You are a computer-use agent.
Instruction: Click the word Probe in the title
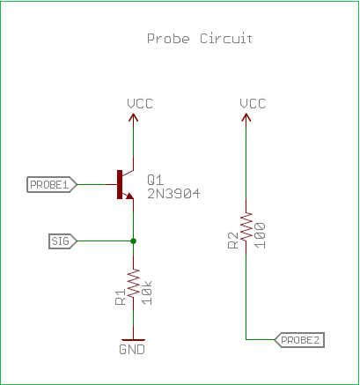pos(168,39)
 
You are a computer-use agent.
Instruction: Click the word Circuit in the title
pos(226,38)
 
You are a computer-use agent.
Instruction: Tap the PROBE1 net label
pos(52,185)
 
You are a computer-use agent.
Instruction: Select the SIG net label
pos(62,241)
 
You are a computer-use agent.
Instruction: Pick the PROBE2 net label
pos(299,340)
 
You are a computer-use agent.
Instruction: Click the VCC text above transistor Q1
pos(140,104)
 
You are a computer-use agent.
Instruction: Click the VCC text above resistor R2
pos(253,104)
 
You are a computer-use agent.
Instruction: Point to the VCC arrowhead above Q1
pos(133,118)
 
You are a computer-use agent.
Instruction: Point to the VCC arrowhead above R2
pos(246,118)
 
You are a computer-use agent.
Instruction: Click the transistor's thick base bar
pos(120,184)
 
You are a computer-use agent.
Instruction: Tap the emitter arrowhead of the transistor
pos(129,196)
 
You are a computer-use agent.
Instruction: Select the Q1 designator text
pos(155,180)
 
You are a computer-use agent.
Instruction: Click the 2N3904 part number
pos(173,194)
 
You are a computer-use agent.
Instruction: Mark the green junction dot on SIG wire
pos(133,241)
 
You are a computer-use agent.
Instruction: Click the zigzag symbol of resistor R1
pos(133,283)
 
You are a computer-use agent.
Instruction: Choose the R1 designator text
pos(121,297)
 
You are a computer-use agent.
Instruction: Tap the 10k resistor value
pos(147,292)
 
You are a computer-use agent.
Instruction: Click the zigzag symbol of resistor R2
pos(246,226)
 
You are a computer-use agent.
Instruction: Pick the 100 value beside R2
pos(260,236)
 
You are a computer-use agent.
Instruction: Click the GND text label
pos(132,350)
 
